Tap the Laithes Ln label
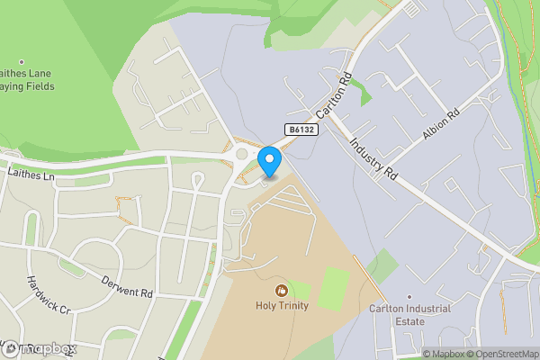[x=31, y=171]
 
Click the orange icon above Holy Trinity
[x=283, y=291]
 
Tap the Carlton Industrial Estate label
[x=409, y=316]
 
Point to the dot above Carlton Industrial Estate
[x=409, y=296]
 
